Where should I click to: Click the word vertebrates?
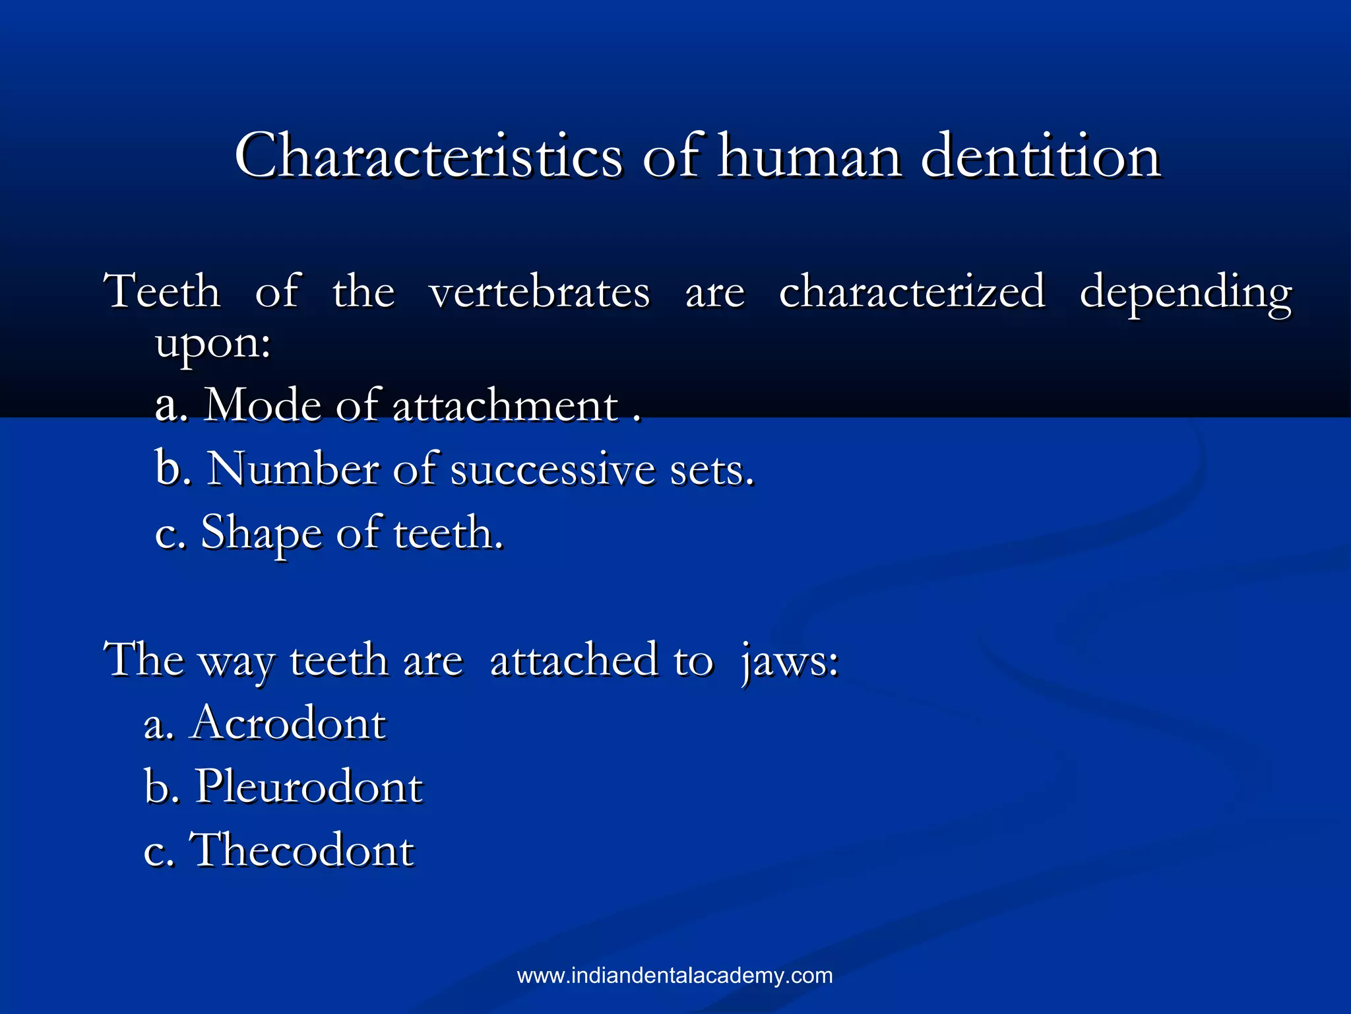(x=539, y=292)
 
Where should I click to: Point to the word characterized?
(x=912, y=292)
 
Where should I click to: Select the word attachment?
(x=505, y=405)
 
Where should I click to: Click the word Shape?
(x=261, y=533)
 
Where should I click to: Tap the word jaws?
(x=790, y=661)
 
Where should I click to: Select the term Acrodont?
(x=288, y=724)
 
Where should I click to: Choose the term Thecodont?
(x=302, y=850)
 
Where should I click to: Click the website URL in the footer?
(x=675, y=976)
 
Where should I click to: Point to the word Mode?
(x=262, y=405)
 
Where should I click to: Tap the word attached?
(x=574, y=660)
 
